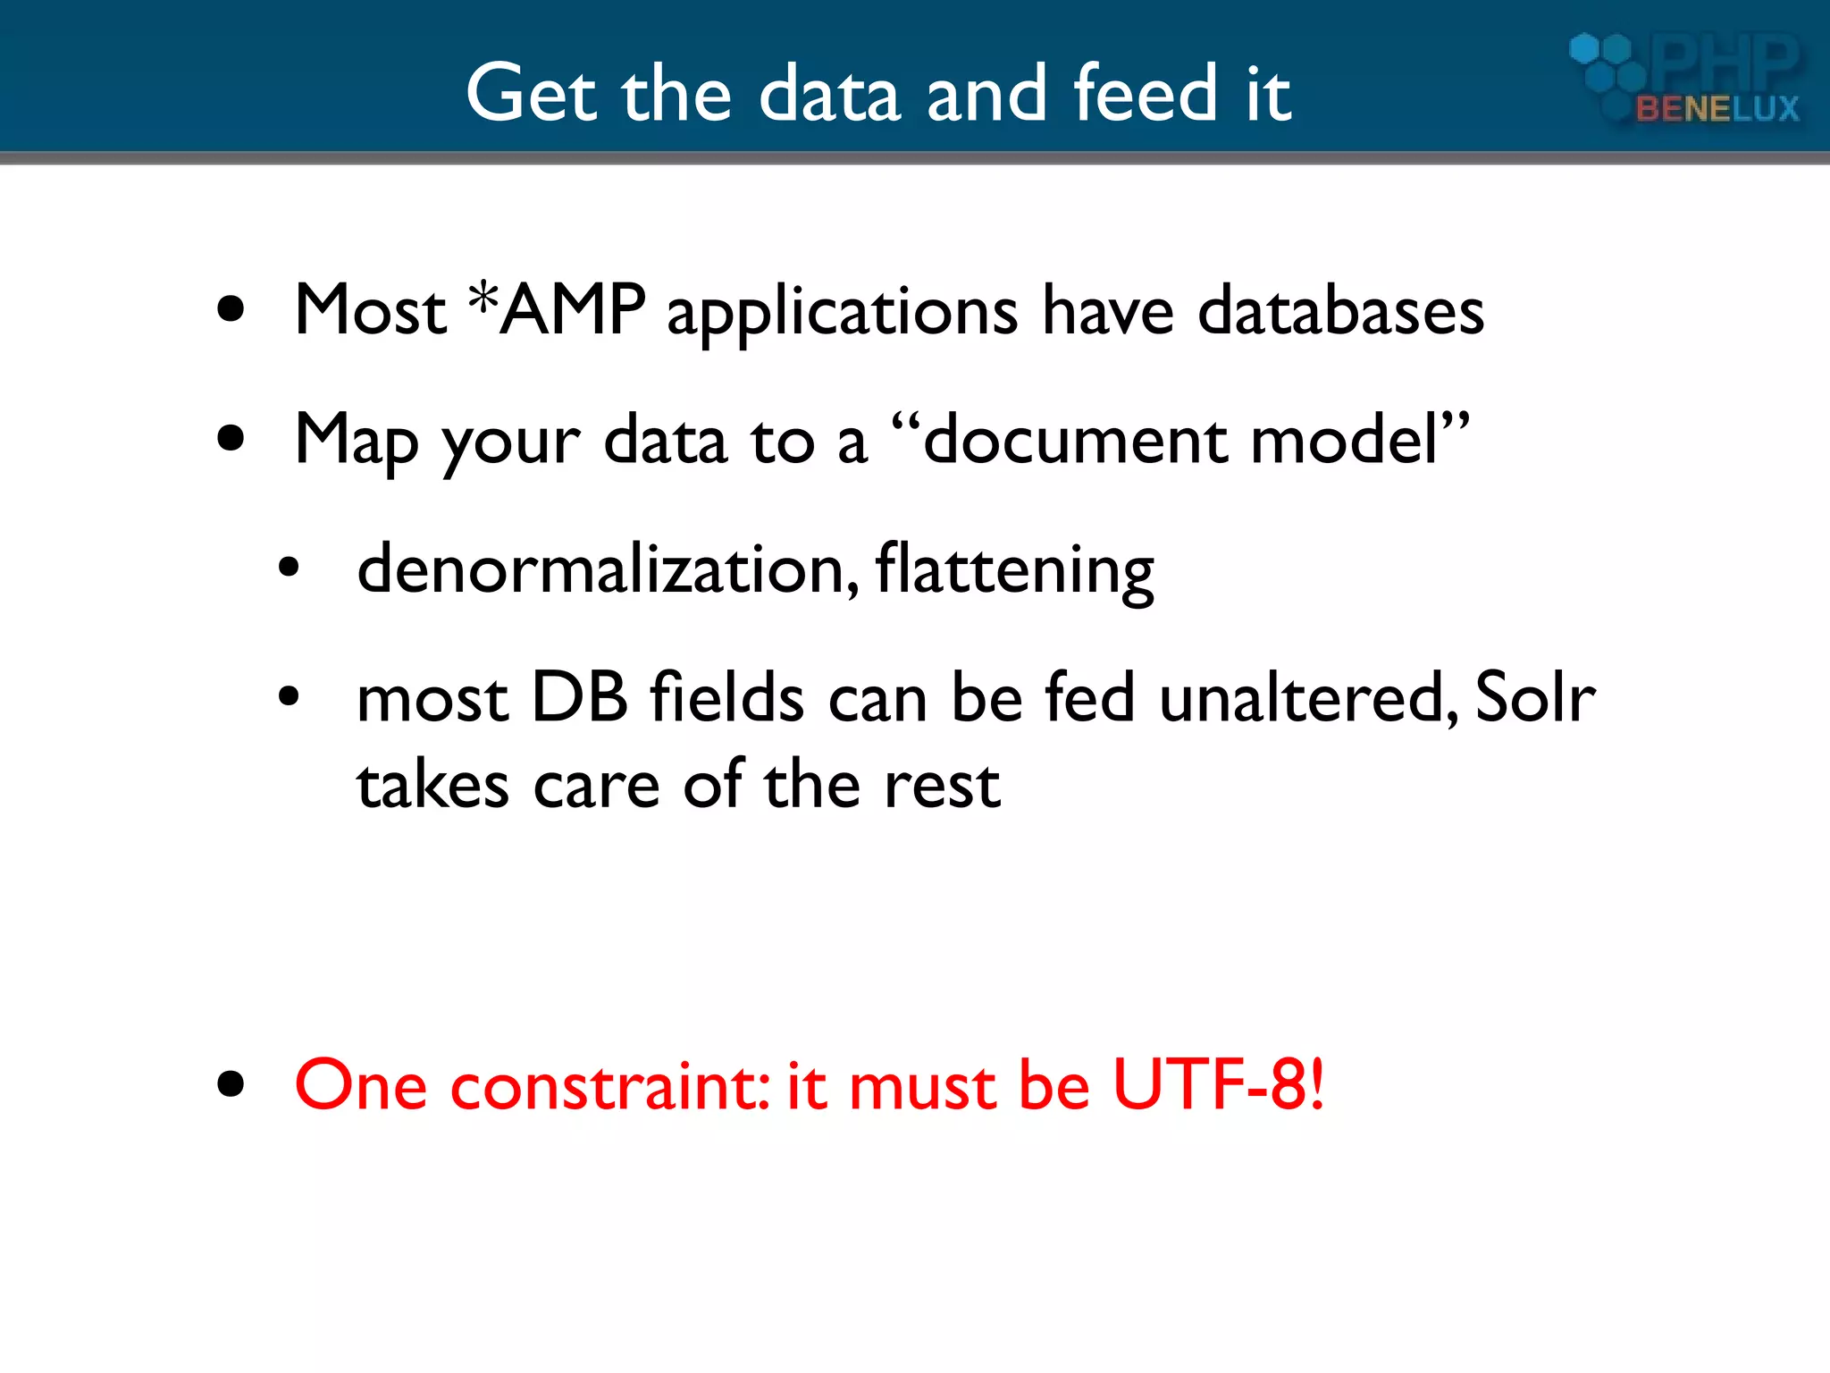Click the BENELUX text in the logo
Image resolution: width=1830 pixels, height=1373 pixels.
point(1717,109)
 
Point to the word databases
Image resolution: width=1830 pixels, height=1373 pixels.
point(1340,312)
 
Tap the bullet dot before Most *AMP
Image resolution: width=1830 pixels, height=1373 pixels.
point(231,309)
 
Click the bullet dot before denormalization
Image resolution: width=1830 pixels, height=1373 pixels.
point(288,568)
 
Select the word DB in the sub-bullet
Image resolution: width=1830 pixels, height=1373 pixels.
point(579,697)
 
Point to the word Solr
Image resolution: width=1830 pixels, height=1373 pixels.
point(1534,697)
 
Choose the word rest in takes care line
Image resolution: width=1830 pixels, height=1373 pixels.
point(942,787)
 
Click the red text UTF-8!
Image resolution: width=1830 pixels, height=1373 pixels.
point(1218,1085)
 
